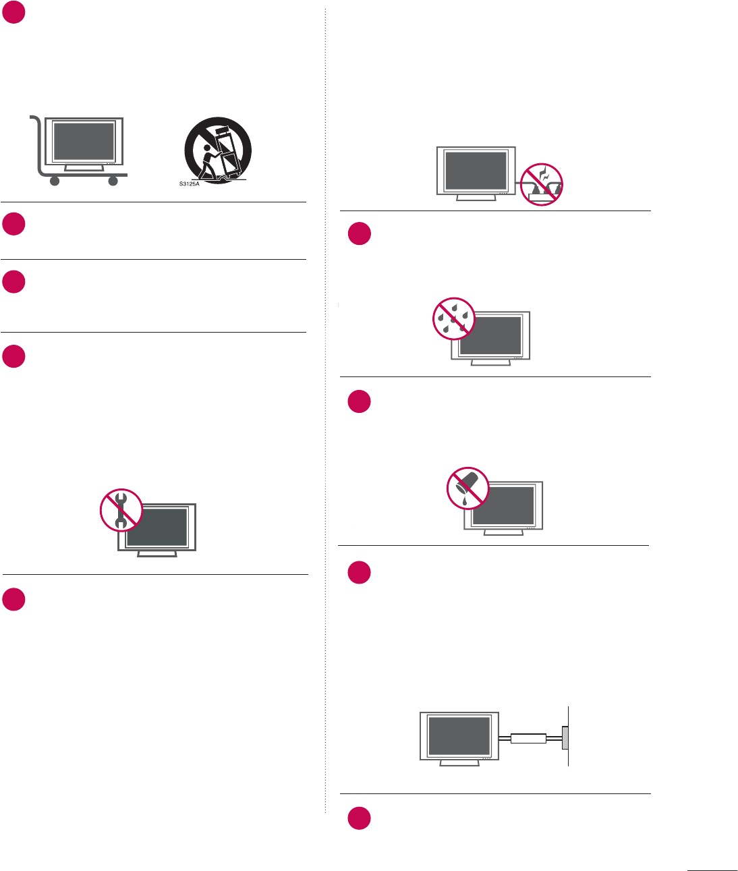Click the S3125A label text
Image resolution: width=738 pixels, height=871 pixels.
[x=190, y=184]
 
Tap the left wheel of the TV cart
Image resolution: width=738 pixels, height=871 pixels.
[x=55, y=181]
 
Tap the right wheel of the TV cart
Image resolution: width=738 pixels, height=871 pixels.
[x=113, y=181]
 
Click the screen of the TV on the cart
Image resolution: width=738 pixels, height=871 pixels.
[x=84, y=141]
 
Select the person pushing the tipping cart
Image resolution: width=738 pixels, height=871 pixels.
[x=210, y=163]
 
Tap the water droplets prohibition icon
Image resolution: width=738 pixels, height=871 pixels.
[x=454, y=318]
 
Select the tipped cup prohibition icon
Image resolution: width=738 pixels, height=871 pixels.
[x=467, y=488]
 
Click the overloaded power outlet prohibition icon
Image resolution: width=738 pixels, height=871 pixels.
[x=542, y=184]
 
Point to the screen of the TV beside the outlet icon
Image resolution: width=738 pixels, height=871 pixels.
[x=476, y=171]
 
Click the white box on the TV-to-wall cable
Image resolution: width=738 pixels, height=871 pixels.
[x=528, y=739]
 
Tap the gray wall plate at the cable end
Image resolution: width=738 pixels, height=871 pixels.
[x=565, y=738]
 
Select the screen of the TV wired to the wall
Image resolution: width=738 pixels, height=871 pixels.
[x=459, y=736]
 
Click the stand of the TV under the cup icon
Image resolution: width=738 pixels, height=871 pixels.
[x=503, y=532]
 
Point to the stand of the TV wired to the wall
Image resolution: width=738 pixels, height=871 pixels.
[x=459, y=762]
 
